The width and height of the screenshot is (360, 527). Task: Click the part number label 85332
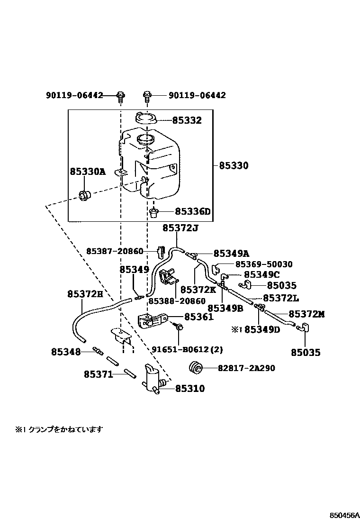click(x=187, y=120)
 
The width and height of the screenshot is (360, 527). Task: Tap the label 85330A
click(x=88, y=172)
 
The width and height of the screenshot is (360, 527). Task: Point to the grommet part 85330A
click(x=86, y=194)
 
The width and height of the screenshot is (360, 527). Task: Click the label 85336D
click(x=192, y=212)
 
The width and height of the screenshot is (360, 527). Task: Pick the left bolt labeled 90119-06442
click(x=121, y=96)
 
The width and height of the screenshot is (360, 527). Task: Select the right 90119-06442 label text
click(x=197, y=95)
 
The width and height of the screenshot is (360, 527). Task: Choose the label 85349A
click(x=231, y=254)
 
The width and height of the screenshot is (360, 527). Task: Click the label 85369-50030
click(x=264, y=264)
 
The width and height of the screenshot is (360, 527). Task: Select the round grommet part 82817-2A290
click(x=196, y=367)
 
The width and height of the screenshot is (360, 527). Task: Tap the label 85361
click(x=199, y=317)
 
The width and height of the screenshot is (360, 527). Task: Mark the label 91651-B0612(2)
click(x=187, y=350)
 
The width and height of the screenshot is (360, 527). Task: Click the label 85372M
click(x=306, y=314)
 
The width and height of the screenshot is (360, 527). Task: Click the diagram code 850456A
click(x=345, y=515)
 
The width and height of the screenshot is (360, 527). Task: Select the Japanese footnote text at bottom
click(x=59, y=429)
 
